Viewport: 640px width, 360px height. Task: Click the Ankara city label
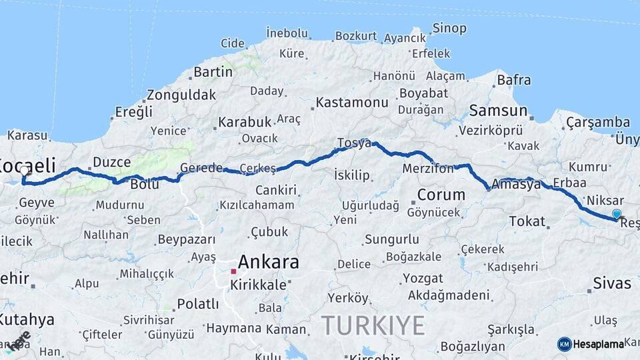[269, 262]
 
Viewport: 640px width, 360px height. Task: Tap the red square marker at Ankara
[233, 271]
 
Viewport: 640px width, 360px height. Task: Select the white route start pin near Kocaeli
[25, 171]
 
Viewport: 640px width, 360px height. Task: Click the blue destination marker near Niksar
[617, 214]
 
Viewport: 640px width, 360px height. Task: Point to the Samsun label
[498, 111]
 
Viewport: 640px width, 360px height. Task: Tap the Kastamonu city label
[351, 103]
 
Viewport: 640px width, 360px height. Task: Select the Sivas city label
[612, 283]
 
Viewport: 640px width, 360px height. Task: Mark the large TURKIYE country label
[373, 325]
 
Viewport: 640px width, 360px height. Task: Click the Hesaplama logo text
[599, 344]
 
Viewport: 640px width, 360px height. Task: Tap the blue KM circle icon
[565, 344]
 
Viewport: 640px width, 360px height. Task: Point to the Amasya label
[516, 184]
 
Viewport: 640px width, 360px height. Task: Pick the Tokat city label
[527, 221]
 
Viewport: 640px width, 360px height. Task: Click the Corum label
[441, 195]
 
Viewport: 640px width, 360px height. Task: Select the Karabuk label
[245, 122]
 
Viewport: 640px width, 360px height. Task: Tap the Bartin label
[213, 71]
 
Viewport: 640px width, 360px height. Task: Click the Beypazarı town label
[187, 240]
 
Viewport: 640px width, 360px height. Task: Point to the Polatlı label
[197, 304]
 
